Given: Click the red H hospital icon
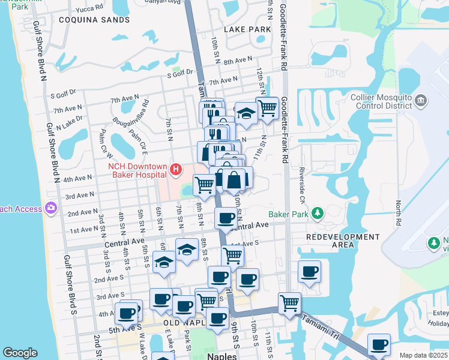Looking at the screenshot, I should pyautogui.click(x=175, y=170).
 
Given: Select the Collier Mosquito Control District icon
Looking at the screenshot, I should pyautogui.click(x=420, y=99).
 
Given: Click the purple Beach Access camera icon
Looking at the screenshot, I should pyautogui.click(x=51, y=208).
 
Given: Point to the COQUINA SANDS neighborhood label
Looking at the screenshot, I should pyautogui.click(x=94, y=20).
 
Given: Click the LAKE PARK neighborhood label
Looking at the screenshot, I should pyautogui.click(x=247, y=29).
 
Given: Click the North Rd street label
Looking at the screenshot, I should pyautogui.click(x=397, y=209).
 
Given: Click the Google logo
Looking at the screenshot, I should pyautogui.click(x=20, y=353).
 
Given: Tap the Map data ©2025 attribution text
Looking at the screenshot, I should pyautogui.click(x=423, y=355).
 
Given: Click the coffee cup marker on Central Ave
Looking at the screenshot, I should pyautogui.click(x=226, y=217).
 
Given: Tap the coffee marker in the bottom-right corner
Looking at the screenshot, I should pyautogui.click(x=379, y=344).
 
